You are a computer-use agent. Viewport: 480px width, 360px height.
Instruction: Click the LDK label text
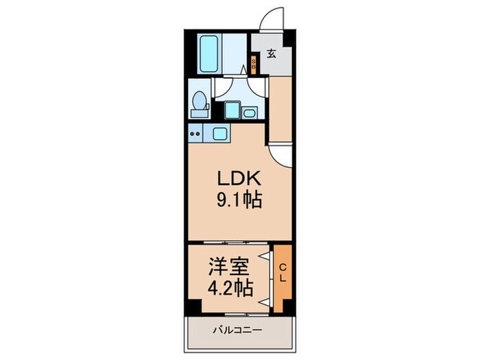click(239, 178)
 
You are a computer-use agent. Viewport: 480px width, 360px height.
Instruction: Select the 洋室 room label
click(228, 267)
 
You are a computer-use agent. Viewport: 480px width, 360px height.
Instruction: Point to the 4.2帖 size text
click(230, 288)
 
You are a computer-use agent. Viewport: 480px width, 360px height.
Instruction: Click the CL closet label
click(283, 274)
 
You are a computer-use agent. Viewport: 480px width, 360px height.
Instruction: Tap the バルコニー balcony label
click(237, 331)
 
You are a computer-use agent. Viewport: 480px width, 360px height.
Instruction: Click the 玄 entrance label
click(272, 54)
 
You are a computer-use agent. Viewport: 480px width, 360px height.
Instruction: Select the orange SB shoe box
click(254, 64)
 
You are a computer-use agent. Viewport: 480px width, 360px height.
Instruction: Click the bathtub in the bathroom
click(210, 54)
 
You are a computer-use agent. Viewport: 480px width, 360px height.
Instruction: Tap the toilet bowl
click(200, 100)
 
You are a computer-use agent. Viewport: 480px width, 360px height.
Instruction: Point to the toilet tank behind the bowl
click(200, 114)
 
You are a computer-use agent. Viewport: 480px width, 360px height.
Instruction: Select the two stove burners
click(195, 134)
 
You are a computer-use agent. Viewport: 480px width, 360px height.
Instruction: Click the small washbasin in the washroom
click(249, 112)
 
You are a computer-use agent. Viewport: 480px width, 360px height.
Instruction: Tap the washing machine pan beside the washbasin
click(232, 110)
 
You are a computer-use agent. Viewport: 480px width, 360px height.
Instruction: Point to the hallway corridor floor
click(280, 108)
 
